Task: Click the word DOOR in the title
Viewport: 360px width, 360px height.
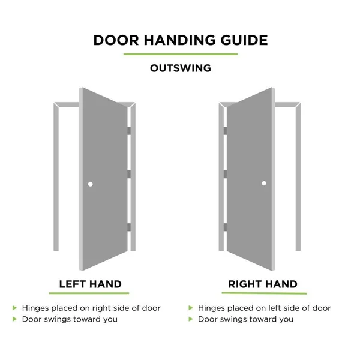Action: pos(116,40)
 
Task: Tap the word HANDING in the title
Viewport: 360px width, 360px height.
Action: pos(180,40)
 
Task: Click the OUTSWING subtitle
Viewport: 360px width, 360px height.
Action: pos(181,68)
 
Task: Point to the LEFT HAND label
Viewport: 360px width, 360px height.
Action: pos(90,284)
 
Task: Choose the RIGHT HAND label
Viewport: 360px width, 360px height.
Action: pos(263,284)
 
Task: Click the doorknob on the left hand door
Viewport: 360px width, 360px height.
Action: pos(90,184)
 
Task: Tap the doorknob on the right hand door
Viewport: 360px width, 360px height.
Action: pos(264,183)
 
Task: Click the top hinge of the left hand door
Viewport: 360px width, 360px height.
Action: pos(129,131)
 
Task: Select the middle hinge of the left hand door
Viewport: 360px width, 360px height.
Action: pos(129,174)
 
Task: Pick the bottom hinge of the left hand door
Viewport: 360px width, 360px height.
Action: pos(129,227)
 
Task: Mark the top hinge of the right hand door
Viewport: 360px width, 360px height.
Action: pos(225,131)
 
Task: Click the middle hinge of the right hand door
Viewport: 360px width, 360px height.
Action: pos(225,174)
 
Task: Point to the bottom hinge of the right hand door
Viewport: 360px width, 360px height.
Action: pos(225,227)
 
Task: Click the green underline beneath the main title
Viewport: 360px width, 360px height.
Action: pos(181,54)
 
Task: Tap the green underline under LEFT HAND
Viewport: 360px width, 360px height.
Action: pos(89,293)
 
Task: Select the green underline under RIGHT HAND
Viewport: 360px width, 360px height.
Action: pos(264,293)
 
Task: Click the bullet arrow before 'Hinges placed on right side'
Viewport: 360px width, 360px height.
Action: pos(14,308)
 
